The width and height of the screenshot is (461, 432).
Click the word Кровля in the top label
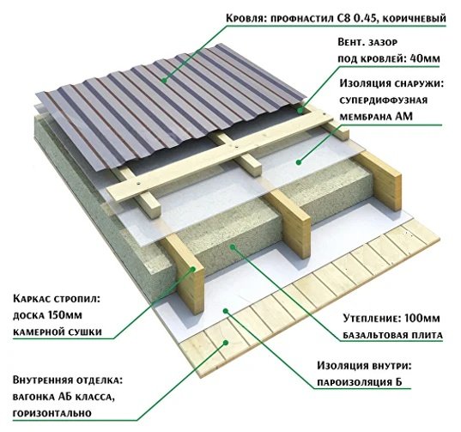[x=245, y=18]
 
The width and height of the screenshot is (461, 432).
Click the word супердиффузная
[x=384, y=100]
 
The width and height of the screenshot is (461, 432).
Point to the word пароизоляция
[x=355, y=382]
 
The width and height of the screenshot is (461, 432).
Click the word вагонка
[x=32, y=397]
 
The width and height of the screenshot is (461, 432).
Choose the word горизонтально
[x=52, y=413]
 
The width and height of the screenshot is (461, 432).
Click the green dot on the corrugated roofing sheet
[x=164, y=80]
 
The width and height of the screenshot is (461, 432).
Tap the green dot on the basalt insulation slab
[x=233, y=246]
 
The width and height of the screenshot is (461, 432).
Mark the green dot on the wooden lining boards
[x=226, y=343]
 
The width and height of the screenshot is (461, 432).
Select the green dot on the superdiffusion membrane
[x=299, y=162]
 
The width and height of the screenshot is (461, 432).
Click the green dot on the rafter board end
[x=193, y=269]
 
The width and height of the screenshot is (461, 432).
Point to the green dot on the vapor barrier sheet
[x=226, y=311]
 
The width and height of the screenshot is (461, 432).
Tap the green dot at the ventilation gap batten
[x=300, y=111]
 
